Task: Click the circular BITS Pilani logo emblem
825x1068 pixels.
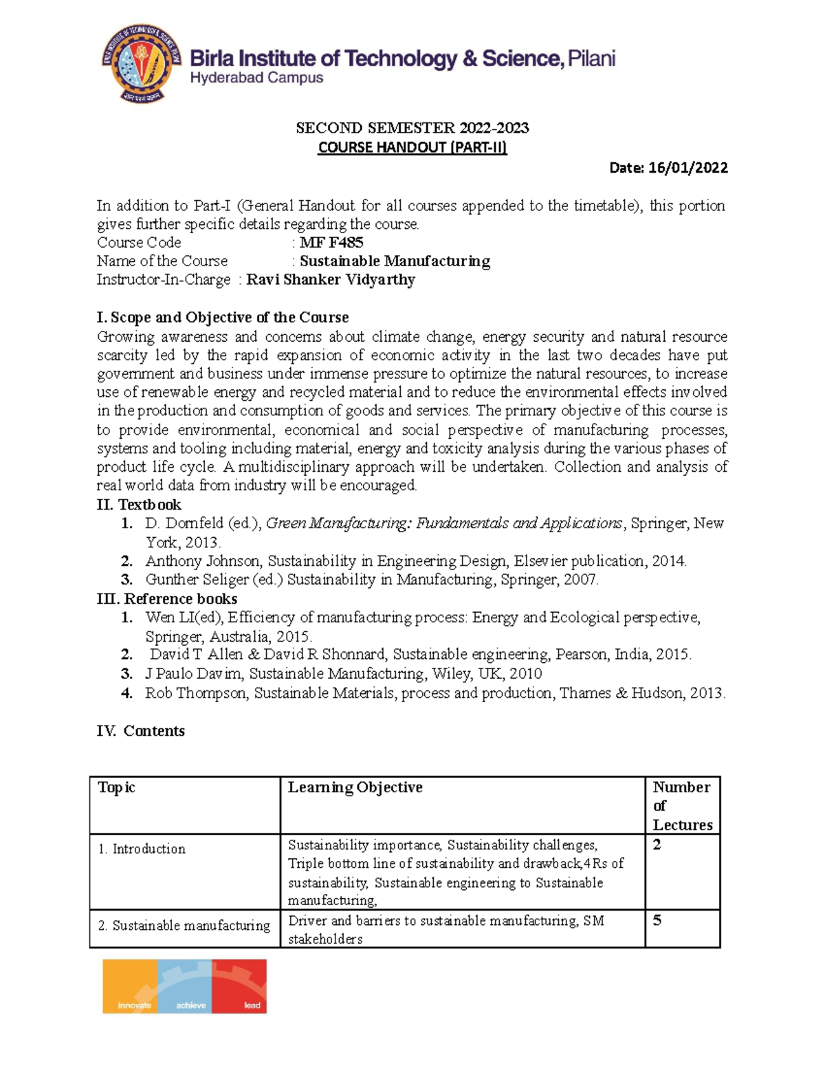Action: pyautogui.click(x=142, y=63)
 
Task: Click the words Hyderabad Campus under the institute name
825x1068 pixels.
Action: pyautogui.click(x=256, y=78)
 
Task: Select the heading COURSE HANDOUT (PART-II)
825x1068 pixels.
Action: pyautogui.click(x=412, y=147)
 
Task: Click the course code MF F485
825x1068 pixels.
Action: pyautogui.click(x=331, y=242)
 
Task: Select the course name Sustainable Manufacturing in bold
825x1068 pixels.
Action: pyautogui.click(x=395, y=261)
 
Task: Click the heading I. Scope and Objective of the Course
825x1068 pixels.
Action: pyautogui.click(x=223, y=317)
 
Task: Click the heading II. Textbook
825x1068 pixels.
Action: pyautogui.click(x=139, y=505)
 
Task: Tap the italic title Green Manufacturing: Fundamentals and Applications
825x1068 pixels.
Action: pyautogui.click(x=443, y=523)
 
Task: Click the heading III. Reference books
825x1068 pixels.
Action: pyautogui.click(x=167, y=598)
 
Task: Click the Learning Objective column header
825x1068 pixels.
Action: pyautogui.click(x=355, y=787)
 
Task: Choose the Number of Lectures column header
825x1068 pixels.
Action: pyautogui.click(x=682, y=805)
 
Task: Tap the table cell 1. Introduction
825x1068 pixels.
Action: pyautogui.click(x=142, y=849)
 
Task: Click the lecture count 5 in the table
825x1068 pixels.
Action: pyautogui.click(x=657, y=920)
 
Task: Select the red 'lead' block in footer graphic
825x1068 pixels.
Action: pyautogui.click(x=240, y=987)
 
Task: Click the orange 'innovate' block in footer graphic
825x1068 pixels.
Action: pyautogui.click(x=131, y=987)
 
